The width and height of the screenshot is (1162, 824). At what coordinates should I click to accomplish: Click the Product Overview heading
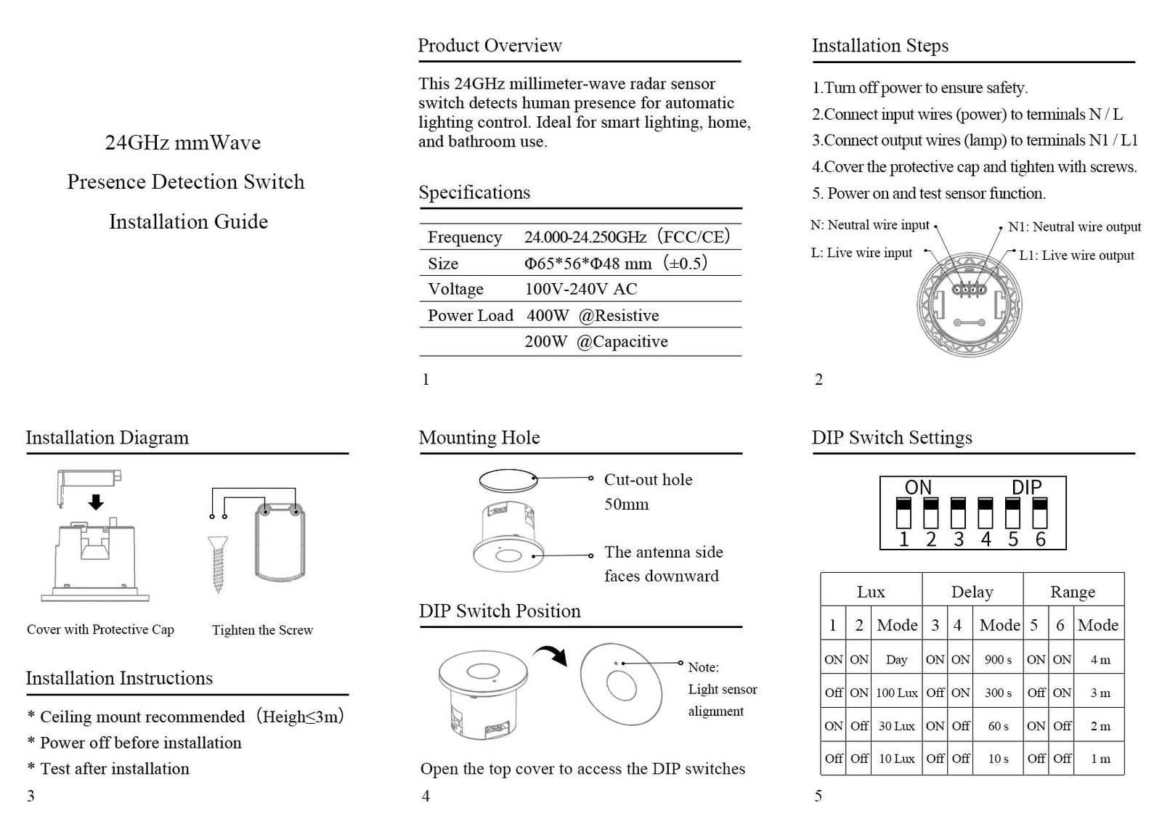[489, 46]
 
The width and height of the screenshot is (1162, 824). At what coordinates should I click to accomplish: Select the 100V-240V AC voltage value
[580, 289]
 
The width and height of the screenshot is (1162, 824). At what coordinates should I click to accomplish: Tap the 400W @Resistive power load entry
[593, 315]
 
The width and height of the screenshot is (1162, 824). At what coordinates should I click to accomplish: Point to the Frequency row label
[465, 237]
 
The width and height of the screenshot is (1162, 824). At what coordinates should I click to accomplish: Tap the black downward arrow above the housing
[95, 502]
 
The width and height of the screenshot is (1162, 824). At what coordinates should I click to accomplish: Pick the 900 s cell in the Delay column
[998, 660]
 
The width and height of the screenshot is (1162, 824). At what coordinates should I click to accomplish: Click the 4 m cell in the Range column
[1100, 660]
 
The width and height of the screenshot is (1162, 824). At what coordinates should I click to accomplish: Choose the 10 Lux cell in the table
[896, 759]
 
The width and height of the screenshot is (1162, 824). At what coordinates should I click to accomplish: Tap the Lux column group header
[871, 592]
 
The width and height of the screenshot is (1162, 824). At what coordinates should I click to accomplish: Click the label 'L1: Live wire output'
[1076, 256]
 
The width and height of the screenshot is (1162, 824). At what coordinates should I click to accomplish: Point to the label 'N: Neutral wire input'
[869, 225]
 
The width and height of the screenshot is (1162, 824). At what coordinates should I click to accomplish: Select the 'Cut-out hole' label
[648, 480]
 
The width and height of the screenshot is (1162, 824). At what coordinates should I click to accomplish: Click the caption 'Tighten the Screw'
[262, 630]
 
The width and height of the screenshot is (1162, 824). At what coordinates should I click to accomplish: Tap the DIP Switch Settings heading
[892, 438]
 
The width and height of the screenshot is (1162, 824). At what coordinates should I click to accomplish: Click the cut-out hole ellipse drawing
[508, 481]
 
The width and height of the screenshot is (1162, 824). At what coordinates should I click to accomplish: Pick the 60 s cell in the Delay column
[998, 726]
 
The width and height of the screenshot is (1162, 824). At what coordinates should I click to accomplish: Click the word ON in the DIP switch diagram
[918, 487]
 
